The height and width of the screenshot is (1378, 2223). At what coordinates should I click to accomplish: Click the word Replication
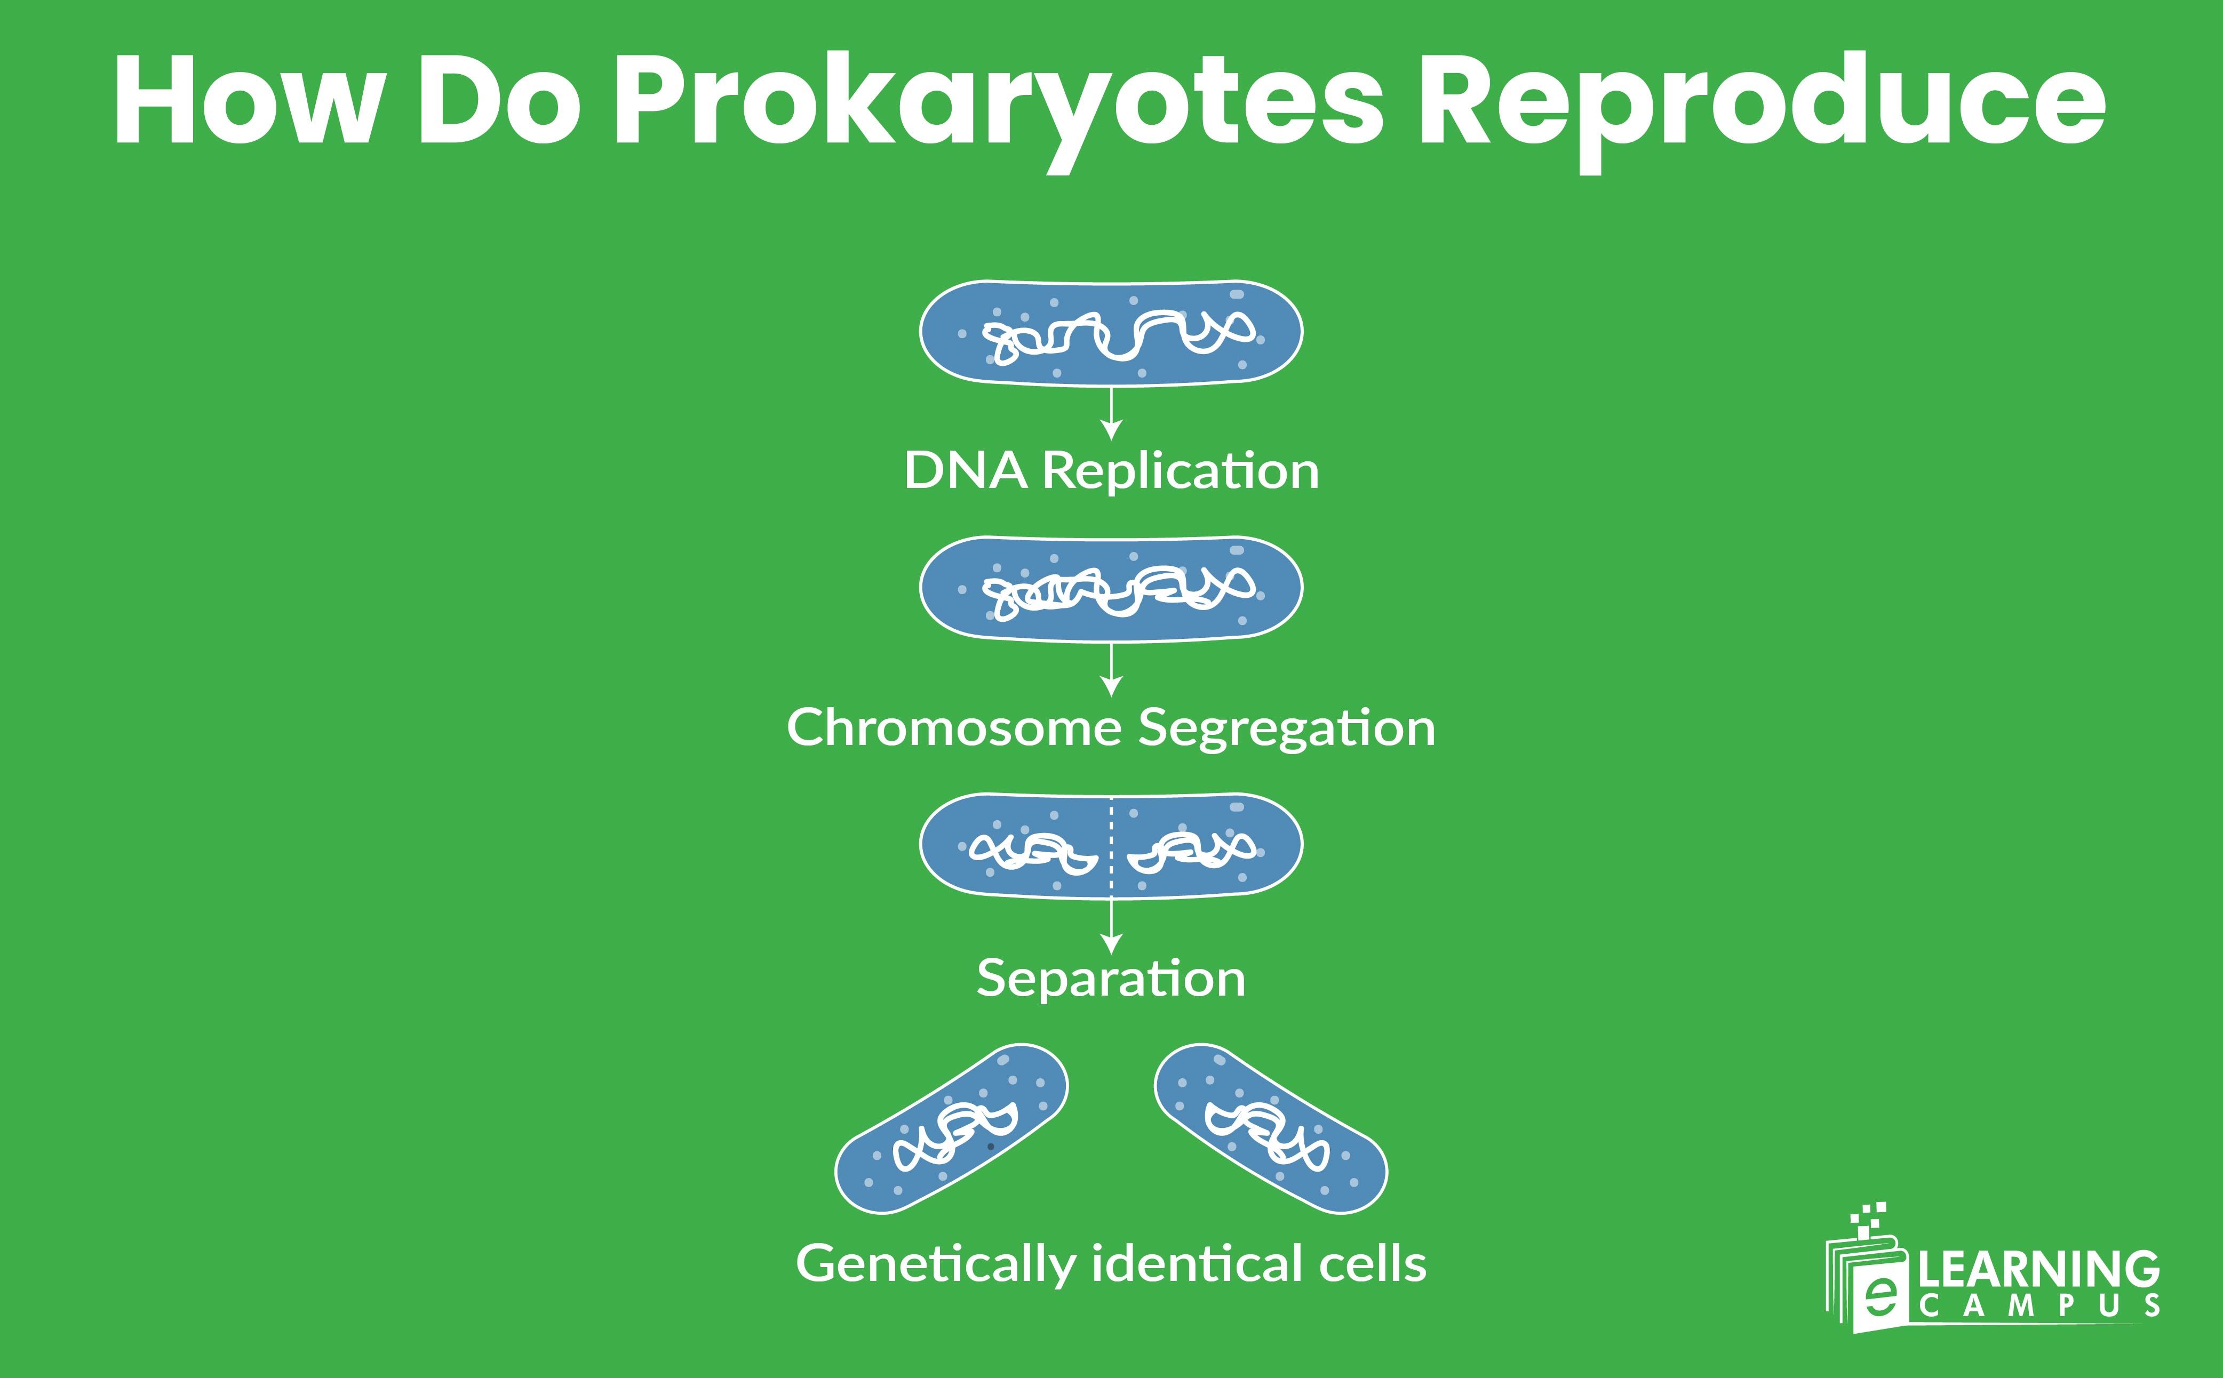click(1180, 471)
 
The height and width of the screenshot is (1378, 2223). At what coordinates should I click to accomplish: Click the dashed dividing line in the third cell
click(1111, 846)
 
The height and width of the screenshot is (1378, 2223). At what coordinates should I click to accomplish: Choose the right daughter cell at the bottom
click(1271, 1129)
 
